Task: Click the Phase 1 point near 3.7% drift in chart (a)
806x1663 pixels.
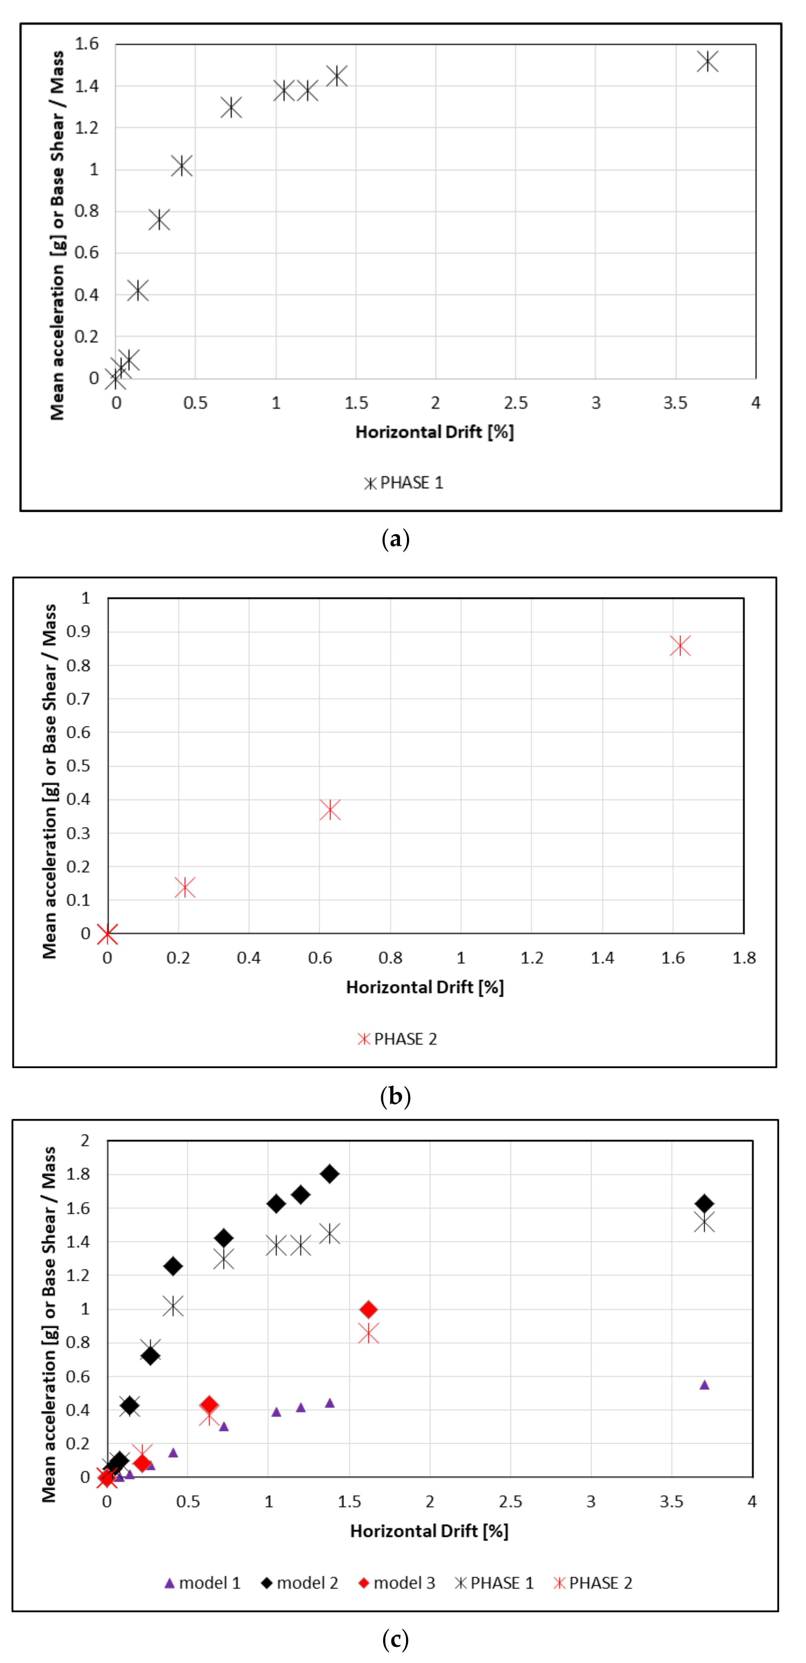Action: [707, 61]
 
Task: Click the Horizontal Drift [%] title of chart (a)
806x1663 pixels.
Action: [434, 432]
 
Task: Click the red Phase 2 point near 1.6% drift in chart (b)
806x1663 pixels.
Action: [679, 645]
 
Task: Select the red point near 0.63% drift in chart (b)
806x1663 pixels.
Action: [330, 810]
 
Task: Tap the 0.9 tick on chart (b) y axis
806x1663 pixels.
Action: [78, 632]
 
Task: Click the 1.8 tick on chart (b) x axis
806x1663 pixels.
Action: [743, 958]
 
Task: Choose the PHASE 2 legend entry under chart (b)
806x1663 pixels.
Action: [398, 1039]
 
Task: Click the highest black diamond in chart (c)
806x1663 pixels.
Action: [330, 1174]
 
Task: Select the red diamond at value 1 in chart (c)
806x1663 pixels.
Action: [368, 1309]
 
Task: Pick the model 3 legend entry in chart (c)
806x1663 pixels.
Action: [397, 1583]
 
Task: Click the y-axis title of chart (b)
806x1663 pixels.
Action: [50, 781]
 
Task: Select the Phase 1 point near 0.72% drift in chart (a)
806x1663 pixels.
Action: [231, 107]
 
